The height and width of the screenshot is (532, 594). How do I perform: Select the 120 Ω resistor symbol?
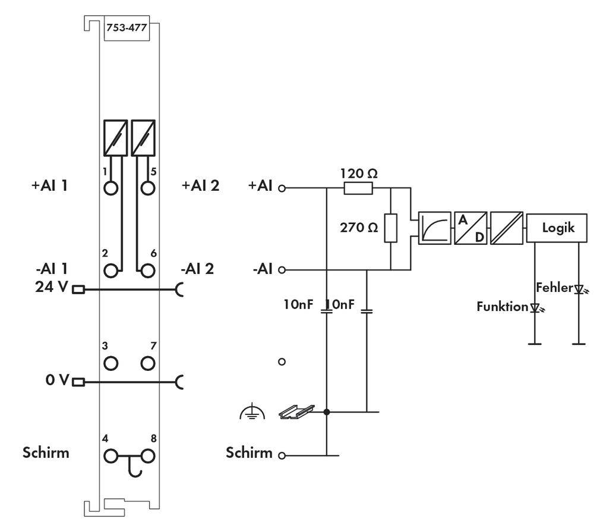[358, 188]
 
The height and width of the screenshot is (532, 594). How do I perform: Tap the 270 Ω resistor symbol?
[390, 228]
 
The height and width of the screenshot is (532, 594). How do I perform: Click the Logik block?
[558, 228]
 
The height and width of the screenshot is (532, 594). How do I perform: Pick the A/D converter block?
[470, 228]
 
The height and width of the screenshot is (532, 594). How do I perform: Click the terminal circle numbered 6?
[148, 271]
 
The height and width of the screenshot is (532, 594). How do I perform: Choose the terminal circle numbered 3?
[110, 363]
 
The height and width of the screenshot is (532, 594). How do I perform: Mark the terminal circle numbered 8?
[148, 457]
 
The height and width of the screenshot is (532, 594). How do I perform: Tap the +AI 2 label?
[200, 185]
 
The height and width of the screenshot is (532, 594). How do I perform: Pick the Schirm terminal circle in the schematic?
[282, 456]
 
